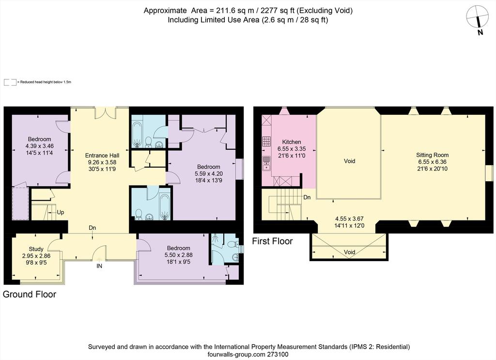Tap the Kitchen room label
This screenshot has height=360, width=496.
pos(291,141)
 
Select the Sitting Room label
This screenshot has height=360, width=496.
pos(432,155)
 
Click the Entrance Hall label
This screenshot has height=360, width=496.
pos(102,156)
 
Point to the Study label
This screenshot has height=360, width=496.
pos(36,249)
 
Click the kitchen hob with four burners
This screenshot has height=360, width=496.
pos(266,141)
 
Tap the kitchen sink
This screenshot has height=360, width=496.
pos(266,163)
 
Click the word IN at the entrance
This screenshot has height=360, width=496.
pos(99,266)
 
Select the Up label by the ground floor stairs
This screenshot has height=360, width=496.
pos(61,212)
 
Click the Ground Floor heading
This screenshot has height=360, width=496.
pos(30,294)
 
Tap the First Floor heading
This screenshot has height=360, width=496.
pos(272,241)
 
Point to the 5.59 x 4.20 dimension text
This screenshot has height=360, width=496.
pos(208,173)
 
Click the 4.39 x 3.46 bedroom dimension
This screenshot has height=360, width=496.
pos(40,146)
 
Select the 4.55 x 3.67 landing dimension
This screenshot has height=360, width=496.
pos(349,219)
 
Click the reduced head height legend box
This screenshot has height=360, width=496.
pos(10,82)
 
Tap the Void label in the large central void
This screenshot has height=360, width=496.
pos(350,161)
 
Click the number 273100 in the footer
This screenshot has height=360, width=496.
pos(278,355)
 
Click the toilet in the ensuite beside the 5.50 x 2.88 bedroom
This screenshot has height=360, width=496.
pos(231,244)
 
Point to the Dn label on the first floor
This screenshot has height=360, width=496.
pos(307,197)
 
